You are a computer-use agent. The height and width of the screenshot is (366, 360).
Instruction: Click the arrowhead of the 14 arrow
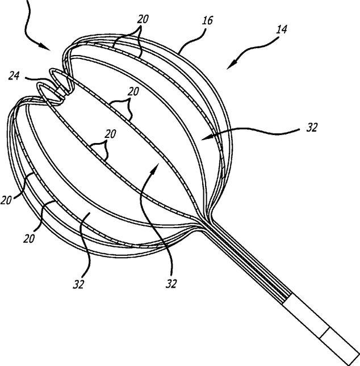click(229, 68)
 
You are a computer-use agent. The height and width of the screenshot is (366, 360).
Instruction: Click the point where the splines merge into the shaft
click(202, 224)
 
